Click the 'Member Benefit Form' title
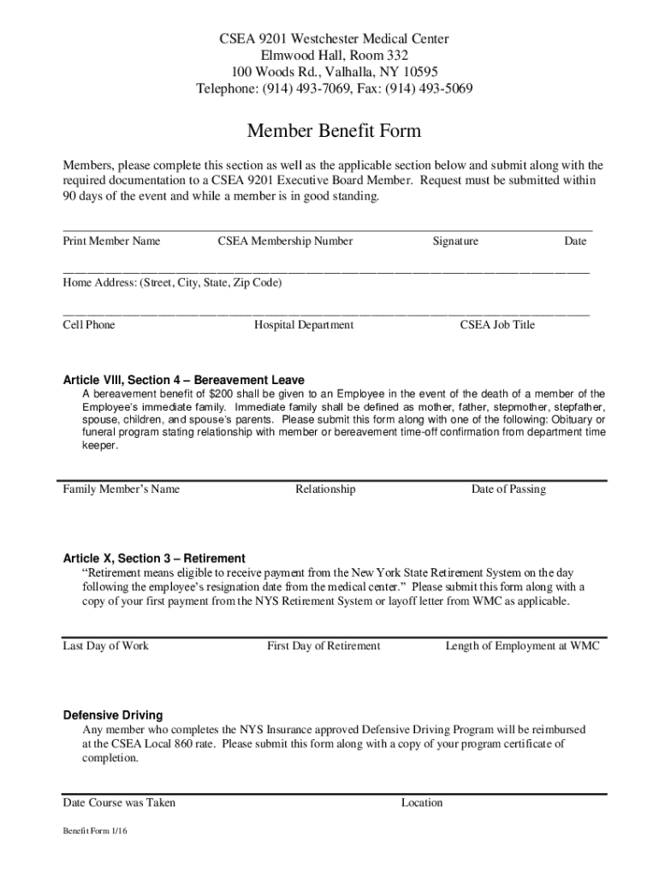click(334, 131)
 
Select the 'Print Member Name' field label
click(111, 241)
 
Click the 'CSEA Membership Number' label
click(285, 241)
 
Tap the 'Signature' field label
click(455, 241)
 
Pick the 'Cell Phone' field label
click(89, 325)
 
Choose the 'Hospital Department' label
click(304, 325)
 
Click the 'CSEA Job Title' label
click(497, 325)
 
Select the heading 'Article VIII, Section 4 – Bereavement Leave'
click(184, 380)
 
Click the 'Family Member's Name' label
click(122, 489)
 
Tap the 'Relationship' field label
click(325, 489)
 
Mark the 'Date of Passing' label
click(508, 489)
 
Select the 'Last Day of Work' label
click(106, 646)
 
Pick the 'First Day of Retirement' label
click(324, 646)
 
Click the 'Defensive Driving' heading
click(113, 715)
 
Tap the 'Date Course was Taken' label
click(119, 802)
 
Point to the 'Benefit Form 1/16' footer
click(94, 832)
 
